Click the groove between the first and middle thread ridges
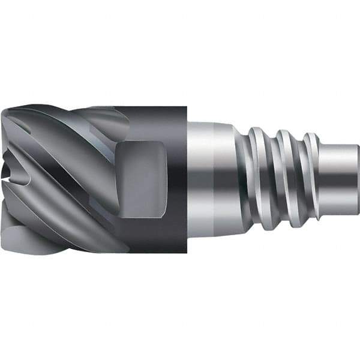(x=273, y=180)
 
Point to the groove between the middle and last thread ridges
(x=299, y=180)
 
